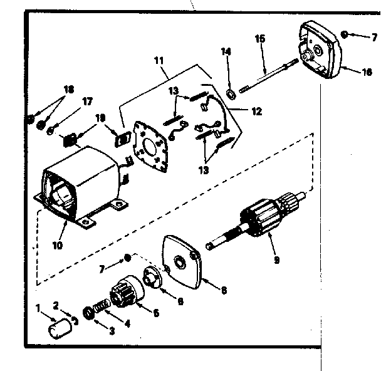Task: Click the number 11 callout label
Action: pyautogui.click(x=157, y=60)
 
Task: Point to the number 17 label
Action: pyautogui.click(x=86, y=101)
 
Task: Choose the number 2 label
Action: pyautogui.click(x=56, y=306)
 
